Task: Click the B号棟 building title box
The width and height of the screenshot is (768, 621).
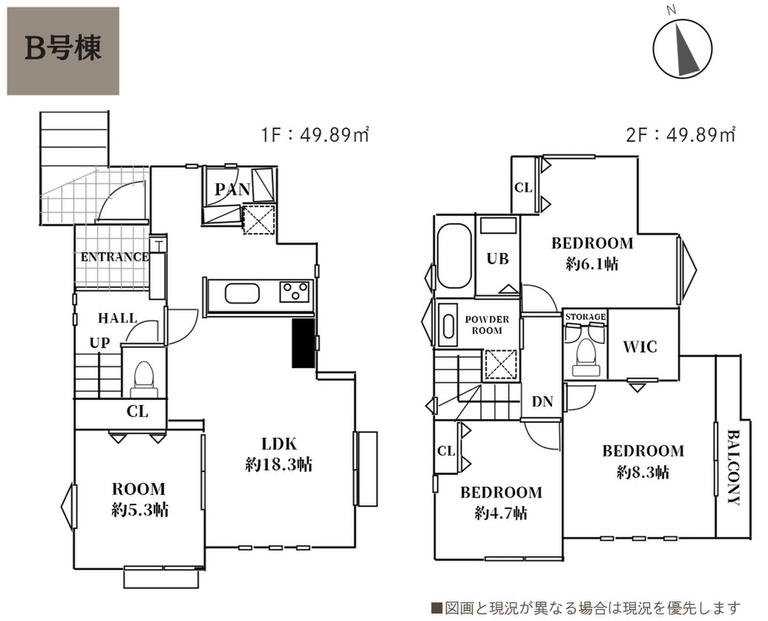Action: click(x=63, y=50)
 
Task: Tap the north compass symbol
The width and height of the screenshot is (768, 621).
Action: click(x=683, y=48)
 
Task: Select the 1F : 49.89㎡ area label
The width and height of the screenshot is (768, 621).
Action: click(x=315, y=134)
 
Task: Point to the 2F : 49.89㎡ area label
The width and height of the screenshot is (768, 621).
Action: click(x=681, y=134)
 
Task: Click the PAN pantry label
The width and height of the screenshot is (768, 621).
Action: click(x=232, y=189)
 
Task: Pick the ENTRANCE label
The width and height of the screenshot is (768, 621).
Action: click(x=115, y=257)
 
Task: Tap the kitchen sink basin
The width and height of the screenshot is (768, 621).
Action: click(x=242, y=294)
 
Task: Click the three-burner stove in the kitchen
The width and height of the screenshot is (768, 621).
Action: click(x=295, y=291)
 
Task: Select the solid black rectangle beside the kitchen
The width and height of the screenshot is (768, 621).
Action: click(x=303, y=343)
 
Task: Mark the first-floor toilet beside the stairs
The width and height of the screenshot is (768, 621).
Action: click(x=144, y=379)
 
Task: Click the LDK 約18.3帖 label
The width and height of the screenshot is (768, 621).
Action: click(x=279, y=454)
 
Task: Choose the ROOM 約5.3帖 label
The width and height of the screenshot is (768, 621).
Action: click(x=140, y=500)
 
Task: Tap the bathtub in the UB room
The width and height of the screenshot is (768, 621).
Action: click(x=454, y=255)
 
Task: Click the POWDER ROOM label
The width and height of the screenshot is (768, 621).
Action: click(x=487, y=324)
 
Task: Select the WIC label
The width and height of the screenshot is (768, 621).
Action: click(x=640, y=347)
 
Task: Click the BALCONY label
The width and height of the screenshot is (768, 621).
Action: click(x=733, y=467)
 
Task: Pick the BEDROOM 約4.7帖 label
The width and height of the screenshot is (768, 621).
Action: click(x=501, y=502)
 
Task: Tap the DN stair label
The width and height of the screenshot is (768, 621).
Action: click(x=542, y=401)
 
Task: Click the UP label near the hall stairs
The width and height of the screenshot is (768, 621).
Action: click(x=99, y=343)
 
